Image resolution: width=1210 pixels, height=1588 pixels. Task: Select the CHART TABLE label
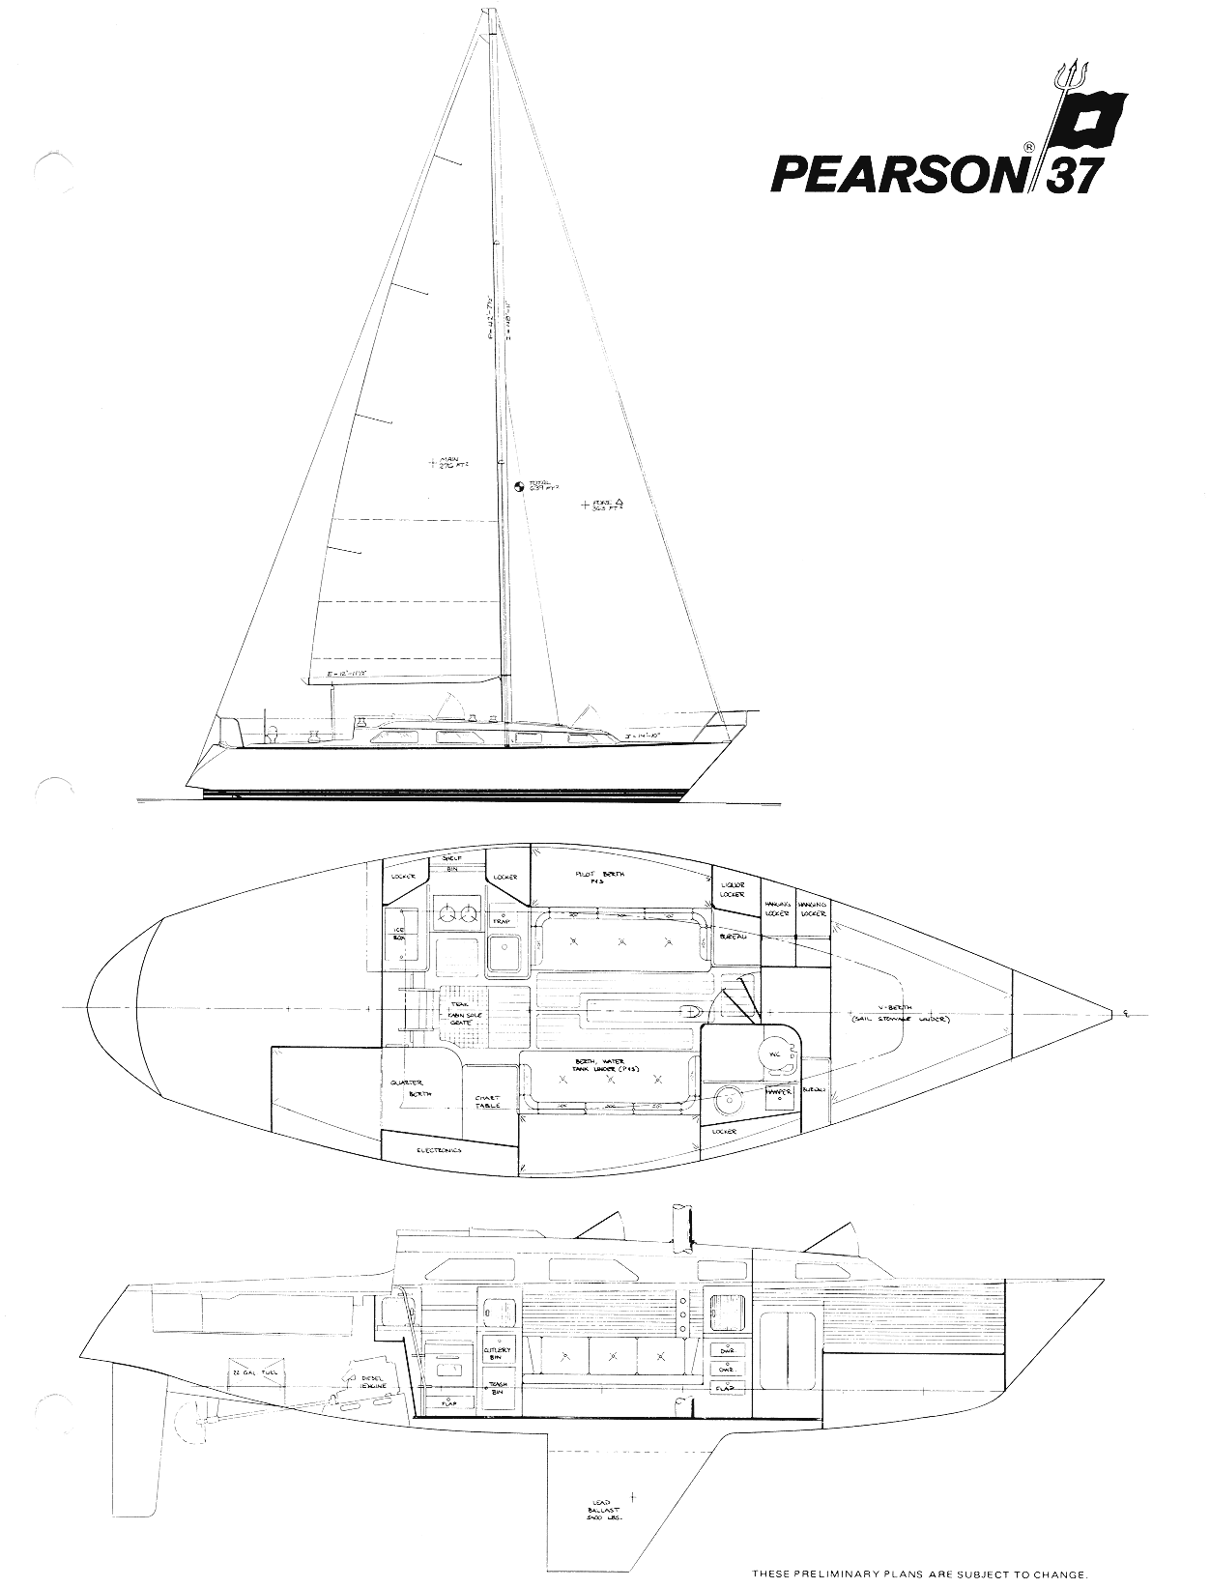tap(486, 1101)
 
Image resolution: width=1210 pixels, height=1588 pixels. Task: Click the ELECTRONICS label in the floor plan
tap(439, 1150)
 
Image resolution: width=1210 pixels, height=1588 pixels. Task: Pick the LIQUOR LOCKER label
tap(733, 890)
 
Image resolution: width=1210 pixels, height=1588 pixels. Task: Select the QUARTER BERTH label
tap(412, 1088)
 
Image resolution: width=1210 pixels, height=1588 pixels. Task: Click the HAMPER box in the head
tap(779, 1093)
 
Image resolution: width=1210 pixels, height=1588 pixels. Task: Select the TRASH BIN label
tap(498, 1388)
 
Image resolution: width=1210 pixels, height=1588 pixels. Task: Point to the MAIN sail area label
tap(447, 464)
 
